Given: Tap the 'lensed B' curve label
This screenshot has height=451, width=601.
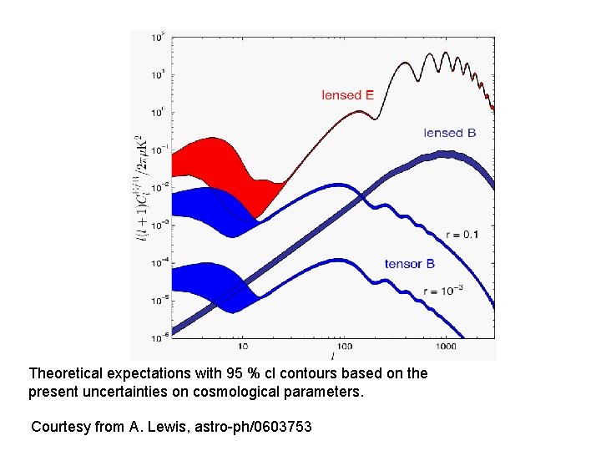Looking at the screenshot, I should coord(449,133).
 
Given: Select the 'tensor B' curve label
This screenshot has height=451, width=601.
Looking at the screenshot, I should coord(409,264).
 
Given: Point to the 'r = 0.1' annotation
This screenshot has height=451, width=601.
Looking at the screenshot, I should coord(462,235).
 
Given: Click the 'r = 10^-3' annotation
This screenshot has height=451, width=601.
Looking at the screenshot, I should coord(443,290).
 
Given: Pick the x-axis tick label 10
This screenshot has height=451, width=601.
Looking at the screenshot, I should coord(242,345).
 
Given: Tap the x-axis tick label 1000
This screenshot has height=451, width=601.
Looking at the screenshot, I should coord(445,345).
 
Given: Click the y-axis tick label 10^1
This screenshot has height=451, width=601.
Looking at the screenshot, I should coord(157,75).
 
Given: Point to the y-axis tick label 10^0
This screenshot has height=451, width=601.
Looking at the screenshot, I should coord(157,112).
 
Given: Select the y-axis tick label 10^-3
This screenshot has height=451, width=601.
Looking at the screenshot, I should coord(157,225).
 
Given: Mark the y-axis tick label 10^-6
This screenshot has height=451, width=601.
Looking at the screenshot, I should coord(157,337).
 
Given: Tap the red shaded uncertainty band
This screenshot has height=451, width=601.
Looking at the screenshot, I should coord(209,163).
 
